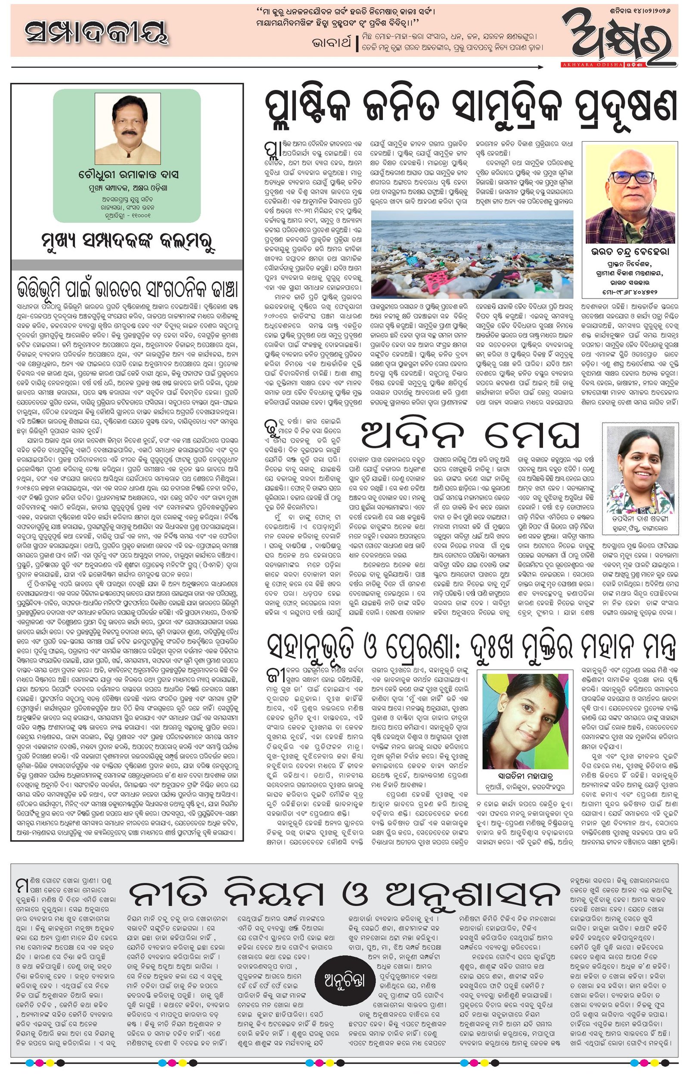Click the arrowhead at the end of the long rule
click(541, 68)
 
